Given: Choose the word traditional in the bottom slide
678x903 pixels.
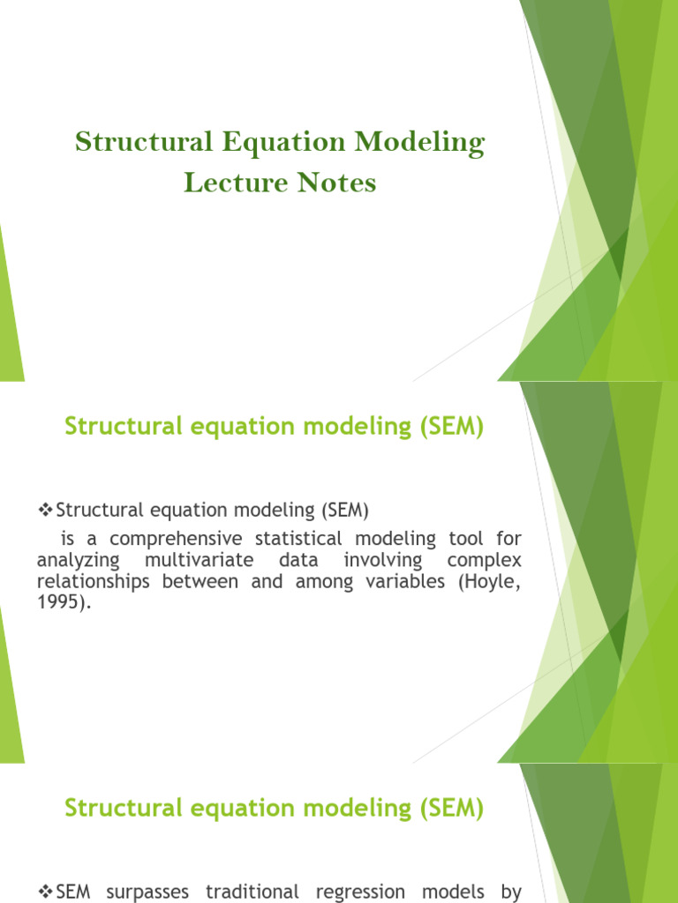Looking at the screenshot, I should coord(252,892).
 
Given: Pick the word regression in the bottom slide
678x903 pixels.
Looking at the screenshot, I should coord(358,892).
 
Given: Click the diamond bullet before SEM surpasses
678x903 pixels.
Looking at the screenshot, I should coord(47,892).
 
